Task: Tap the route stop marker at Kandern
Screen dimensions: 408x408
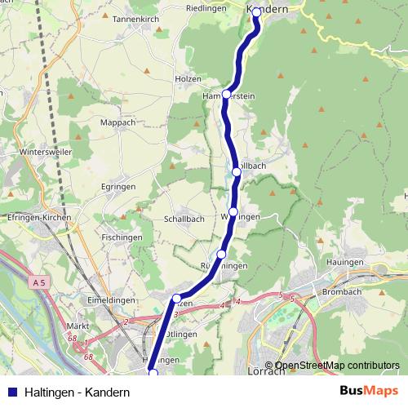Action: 256,12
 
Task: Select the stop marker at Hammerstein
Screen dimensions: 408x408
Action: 227,95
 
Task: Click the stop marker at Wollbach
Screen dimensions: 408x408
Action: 237,172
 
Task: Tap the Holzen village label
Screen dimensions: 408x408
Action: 188,79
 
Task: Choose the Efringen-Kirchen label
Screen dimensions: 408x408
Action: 39,219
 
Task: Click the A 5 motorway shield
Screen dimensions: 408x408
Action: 39,282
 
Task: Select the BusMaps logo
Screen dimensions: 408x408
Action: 368,391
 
